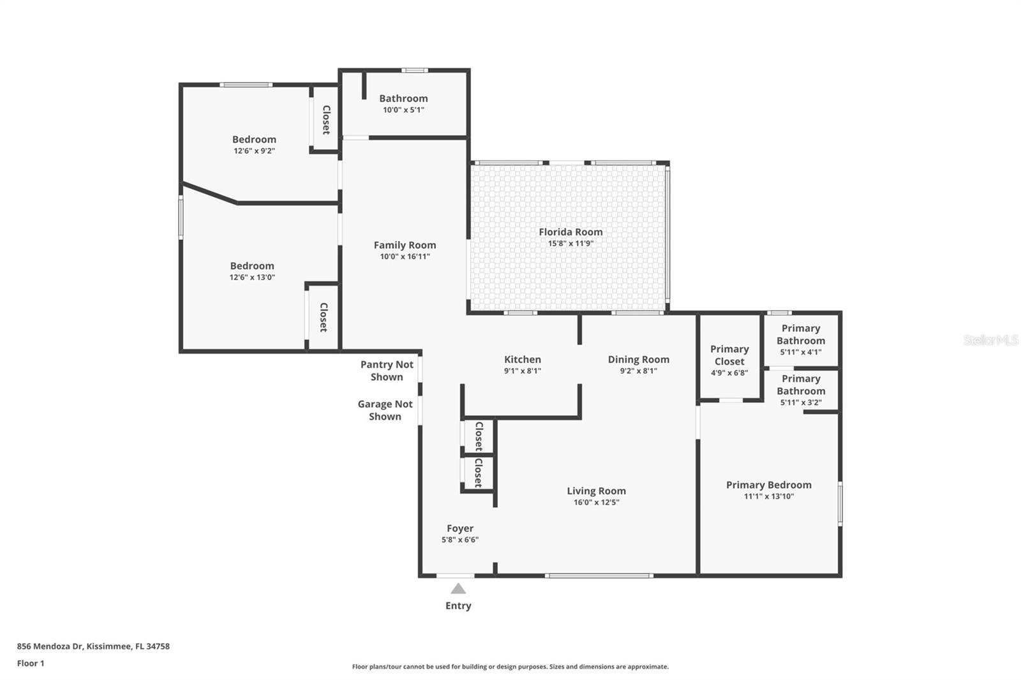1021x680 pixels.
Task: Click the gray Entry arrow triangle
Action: tap(458, 589)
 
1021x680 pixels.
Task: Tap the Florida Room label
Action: tap(570, 232)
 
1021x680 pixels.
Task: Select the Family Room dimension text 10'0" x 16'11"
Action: tap(405, 256)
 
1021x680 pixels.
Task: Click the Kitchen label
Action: tap(523, 360)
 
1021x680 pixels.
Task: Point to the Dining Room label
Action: tap(639, 360)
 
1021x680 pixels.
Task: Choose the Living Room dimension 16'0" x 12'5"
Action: tap(596, 502)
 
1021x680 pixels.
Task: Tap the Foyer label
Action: tap(460, 529)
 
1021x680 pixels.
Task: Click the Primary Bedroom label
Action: tap(769, 485)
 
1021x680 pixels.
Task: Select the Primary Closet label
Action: tap(729, 355)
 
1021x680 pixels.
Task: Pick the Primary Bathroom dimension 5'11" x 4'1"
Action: tap(801, 352)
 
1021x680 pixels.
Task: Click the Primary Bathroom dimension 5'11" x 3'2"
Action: tap(801, 403)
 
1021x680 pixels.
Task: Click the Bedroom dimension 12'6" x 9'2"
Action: tap(255, 151)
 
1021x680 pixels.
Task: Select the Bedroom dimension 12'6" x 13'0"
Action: tap(252, 277)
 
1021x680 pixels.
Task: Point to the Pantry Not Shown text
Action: tap(387, 371)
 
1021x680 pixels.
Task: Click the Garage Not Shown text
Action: tap(385, 410)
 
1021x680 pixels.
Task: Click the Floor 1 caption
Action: tap(31, 663)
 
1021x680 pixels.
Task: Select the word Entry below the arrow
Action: tap(458, 606)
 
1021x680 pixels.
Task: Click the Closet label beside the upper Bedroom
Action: tap(326, 120)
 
